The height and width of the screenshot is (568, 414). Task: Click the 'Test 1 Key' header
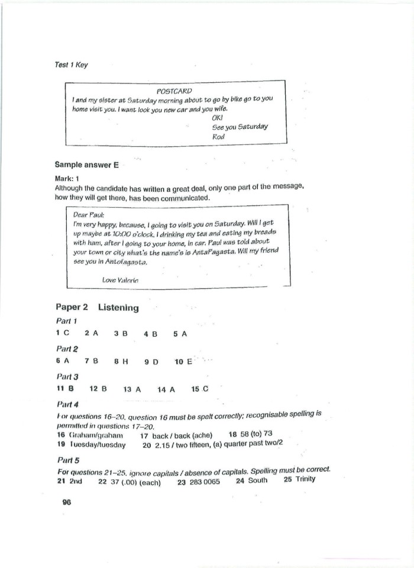[71, 65]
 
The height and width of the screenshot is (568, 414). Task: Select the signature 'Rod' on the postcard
[218, 136]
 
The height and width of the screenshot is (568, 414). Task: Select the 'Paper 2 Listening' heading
[97, 308]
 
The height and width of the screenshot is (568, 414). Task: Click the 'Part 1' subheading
[66, 321]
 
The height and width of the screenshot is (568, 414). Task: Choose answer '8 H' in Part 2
[121, 361]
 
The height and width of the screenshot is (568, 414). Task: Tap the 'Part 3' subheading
[67, 376]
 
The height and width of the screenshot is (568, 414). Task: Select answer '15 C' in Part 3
[200, 389]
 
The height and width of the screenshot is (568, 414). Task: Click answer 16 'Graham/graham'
[95, 435]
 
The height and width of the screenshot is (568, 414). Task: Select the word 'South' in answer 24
[257, 480]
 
